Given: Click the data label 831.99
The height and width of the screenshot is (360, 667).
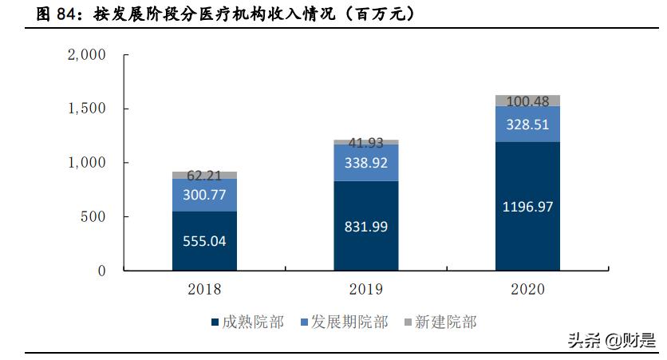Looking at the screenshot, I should click(366, 227).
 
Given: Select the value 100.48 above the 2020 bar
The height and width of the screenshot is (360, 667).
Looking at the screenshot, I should click(527, 101).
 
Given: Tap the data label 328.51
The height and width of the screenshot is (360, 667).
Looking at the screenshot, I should click(527, 125).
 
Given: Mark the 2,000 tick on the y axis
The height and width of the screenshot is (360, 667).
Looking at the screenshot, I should click(87, 55).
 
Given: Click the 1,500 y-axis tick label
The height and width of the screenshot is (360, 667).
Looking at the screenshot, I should click(87, 109).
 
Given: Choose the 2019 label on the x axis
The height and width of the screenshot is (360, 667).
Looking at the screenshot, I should click(366, 289).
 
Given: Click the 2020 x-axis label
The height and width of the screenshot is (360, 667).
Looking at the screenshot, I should click(527, 289).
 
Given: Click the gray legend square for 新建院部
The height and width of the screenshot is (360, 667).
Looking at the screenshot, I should click(408, 322).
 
